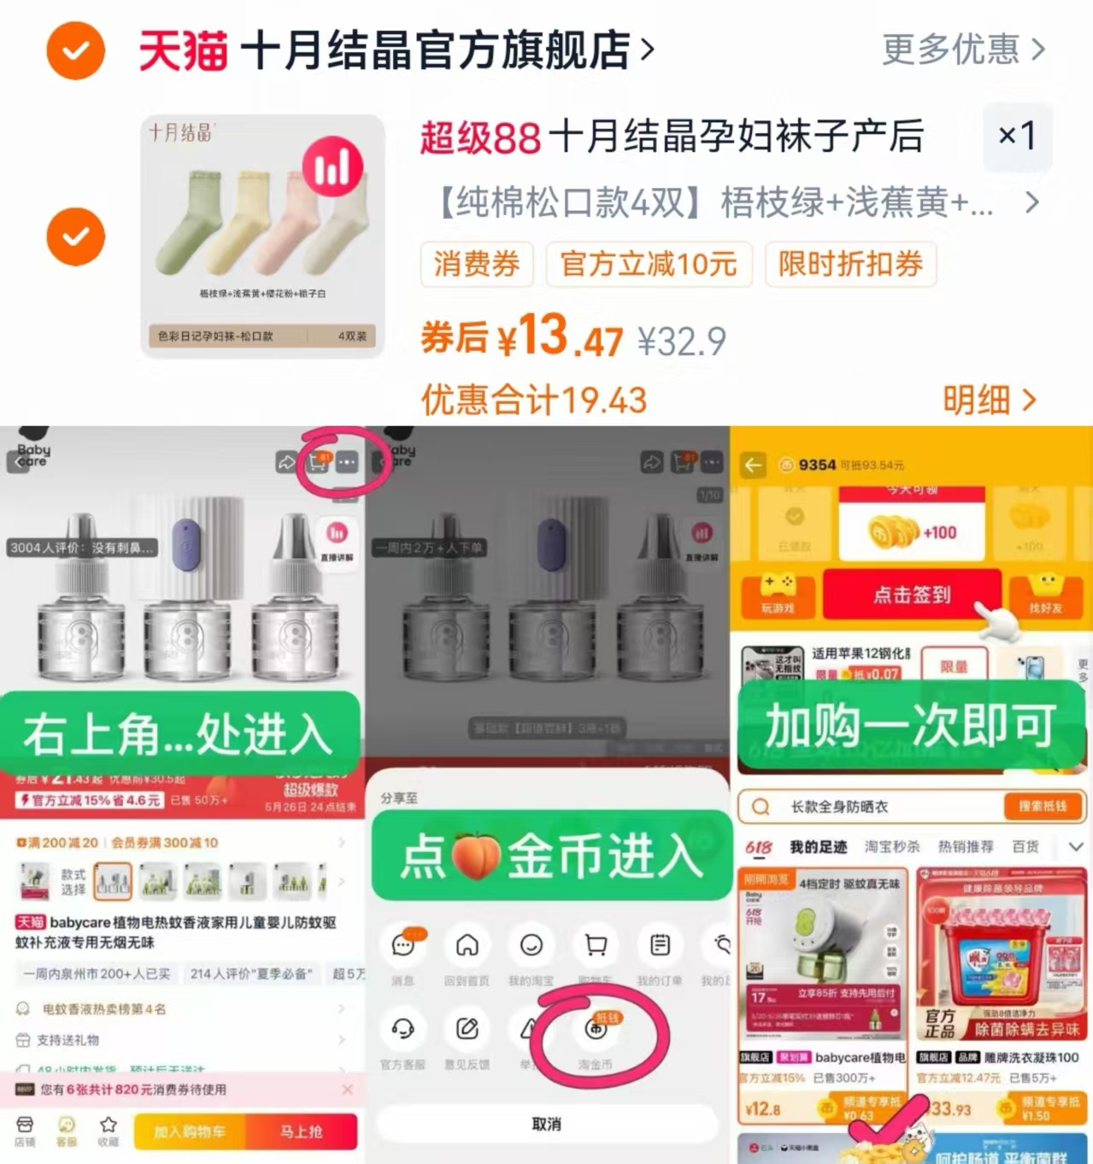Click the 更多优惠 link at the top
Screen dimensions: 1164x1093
pyautogui.click(x=962, y=50)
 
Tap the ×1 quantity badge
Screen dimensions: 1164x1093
pyautogui.click(x=1017, y=135)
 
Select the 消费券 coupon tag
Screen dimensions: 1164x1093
pyautogui.click(x=476, y=264)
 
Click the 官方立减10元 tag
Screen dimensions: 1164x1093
pyautogui.click(x=649, y=264)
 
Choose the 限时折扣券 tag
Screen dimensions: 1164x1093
pyautogui.click(x=850, y=264)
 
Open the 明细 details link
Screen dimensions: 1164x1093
pyautogui.click(x=989, y=399)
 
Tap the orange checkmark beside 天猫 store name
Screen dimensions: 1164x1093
pyautogui.click(x=75, y=51)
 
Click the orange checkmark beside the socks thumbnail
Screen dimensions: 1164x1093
pyautogui.click(x=75, y=237)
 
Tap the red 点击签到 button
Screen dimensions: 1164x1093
pyautogui.click(x=911, y=595)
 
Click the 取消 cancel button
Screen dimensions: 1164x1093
pyautogui.click(x=546, y=1124)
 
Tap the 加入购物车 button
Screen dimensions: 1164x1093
pyautogui.click(x=190, y=1132)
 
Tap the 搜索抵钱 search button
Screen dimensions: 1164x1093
pyautogui.click(x=1041, y=806)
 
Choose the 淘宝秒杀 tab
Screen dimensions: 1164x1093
pyautogui.click(x=892, y=846)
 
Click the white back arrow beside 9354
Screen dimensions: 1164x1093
pyautogui.click(x=753, y=465)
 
